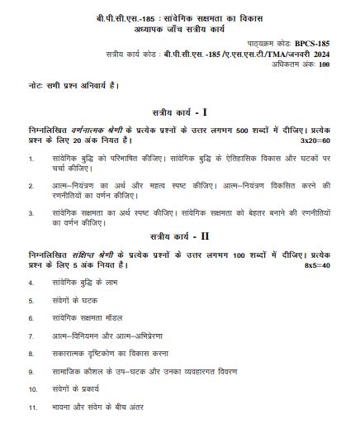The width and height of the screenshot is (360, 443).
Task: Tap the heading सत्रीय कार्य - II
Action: click(179, 236)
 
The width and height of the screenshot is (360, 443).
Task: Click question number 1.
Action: click(31, 157)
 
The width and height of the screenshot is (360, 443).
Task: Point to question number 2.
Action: click(31, 185)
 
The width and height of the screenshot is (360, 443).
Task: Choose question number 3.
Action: click(31, 213)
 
